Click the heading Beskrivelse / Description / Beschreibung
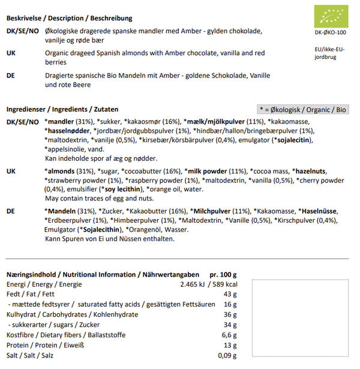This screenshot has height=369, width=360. click(70, 19)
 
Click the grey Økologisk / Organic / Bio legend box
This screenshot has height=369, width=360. click(303, 110)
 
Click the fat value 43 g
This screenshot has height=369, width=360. click(230, 294)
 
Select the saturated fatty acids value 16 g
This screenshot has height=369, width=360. click(230, 304)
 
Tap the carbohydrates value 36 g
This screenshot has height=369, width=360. click(230, 314)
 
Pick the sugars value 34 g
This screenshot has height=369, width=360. click(230, 325)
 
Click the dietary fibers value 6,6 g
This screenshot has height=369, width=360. click(229, 335)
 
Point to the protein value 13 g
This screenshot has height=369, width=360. click(230, 345)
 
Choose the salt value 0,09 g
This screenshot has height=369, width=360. click(227, 355)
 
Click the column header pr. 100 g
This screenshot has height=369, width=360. click(223, 274)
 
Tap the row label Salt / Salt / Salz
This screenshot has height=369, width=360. click(31, 355)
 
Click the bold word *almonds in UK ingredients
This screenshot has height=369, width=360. click(60, 171)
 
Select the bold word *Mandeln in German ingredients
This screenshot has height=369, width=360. click(61, 211)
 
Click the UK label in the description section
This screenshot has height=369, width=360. click(11, 53)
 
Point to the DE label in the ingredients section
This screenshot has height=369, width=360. click(11, 211)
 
